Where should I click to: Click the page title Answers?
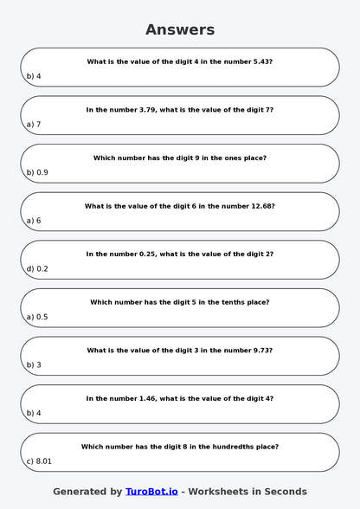[x=180, y=29]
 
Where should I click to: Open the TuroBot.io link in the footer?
[x=151, y=491]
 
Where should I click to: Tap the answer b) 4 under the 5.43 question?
[x=34, y=76]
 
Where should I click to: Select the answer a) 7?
[x=34, y=125]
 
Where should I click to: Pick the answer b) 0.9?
[x=37, y=172]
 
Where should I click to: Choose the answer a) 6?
[x=34, y=221]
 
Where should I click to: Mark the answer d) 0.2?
[x=37, y=268]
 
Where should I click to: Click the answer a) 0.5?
[x=37, y=317]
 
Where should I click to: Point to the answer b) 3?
[x=34, y=364]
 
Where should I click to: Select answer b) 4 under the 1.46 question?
[x=34, y=413]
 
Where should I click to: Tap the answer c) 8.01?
[x=39, y=461]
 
